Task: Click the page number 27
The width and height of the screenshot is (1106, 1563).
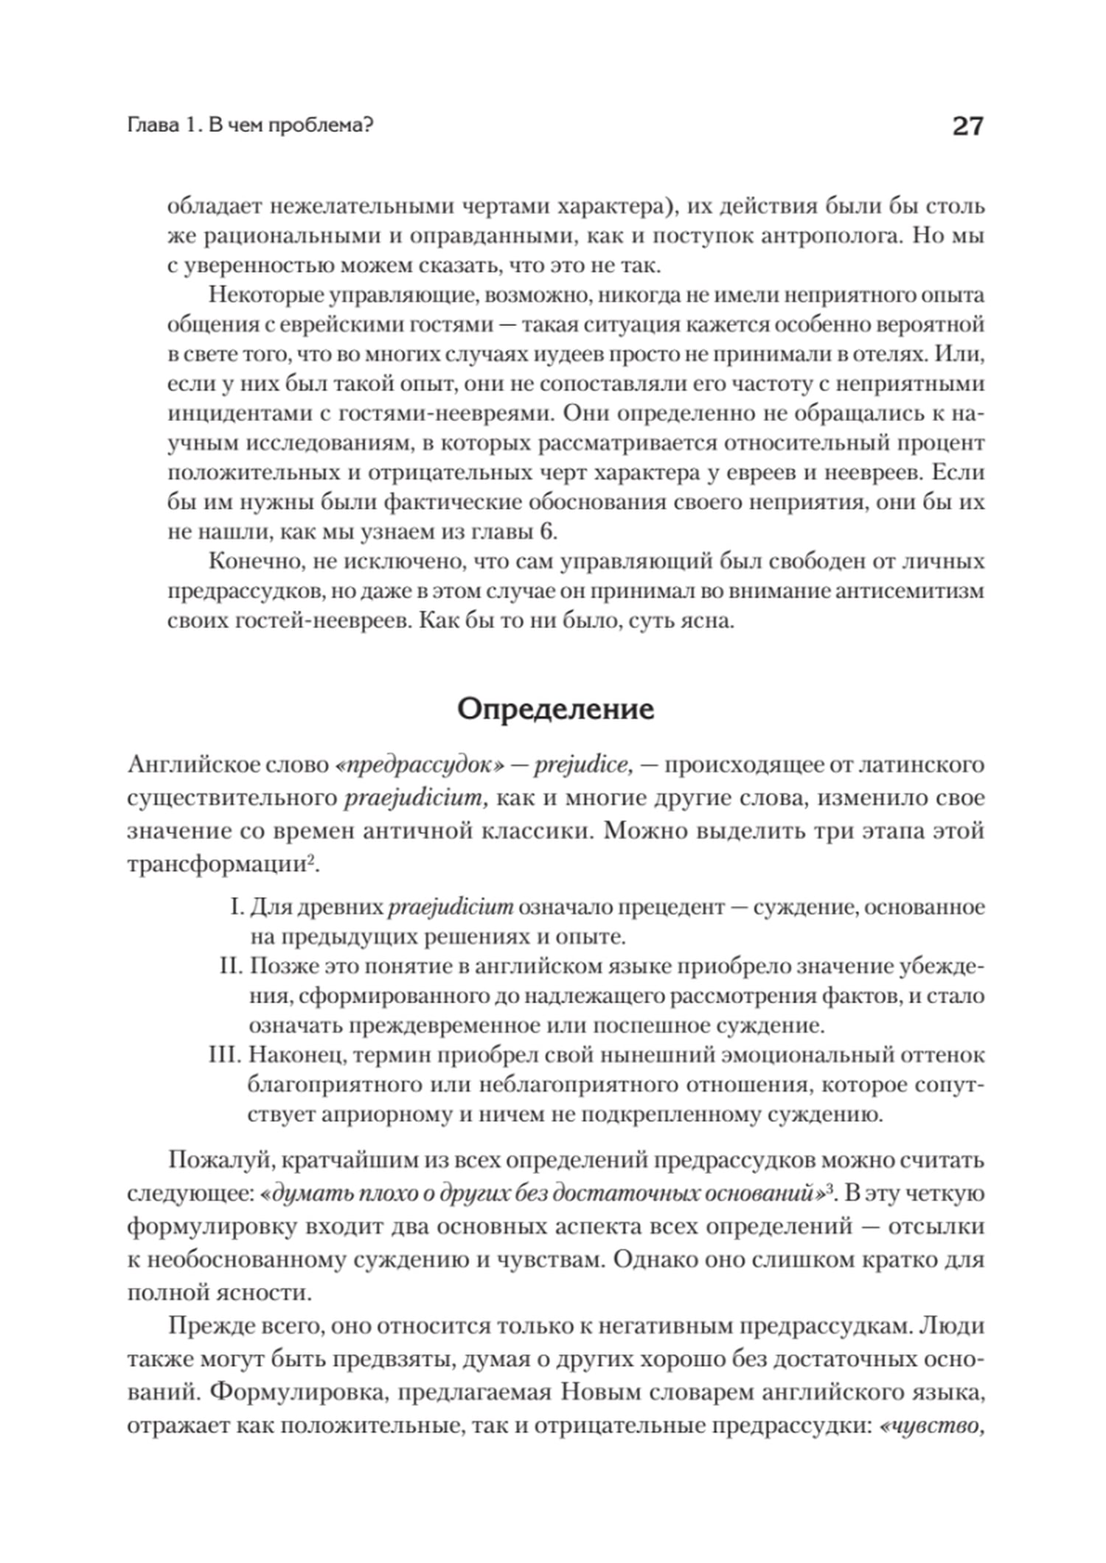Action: tap(967, 127)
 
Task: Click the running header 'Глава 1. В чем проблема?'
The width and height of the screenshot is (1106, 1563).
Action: tap(251, 126)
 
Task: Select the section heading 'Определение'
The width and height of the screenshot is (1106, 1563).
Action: tap(555, 709)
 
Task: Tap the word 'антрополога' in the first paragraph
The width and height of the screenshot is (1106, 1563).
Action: tap(831, 236)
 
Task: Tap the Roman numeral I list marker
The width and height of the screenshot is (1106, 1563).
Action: tap(237, 907)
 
